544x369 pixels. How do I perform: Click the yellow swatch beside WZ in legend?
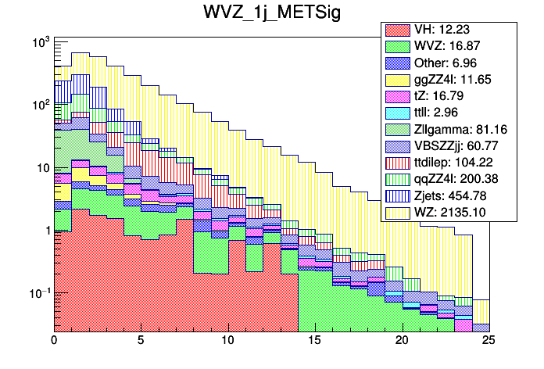point(396,210)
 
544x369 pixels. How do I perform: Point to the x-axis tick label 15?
point(315,341)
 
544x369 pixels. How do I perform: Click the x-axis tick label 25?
point(489,341)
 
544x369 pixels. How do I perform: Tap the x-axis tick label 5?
point(141,341)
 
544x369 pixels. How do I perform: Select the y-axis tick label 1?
point(45,231)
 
